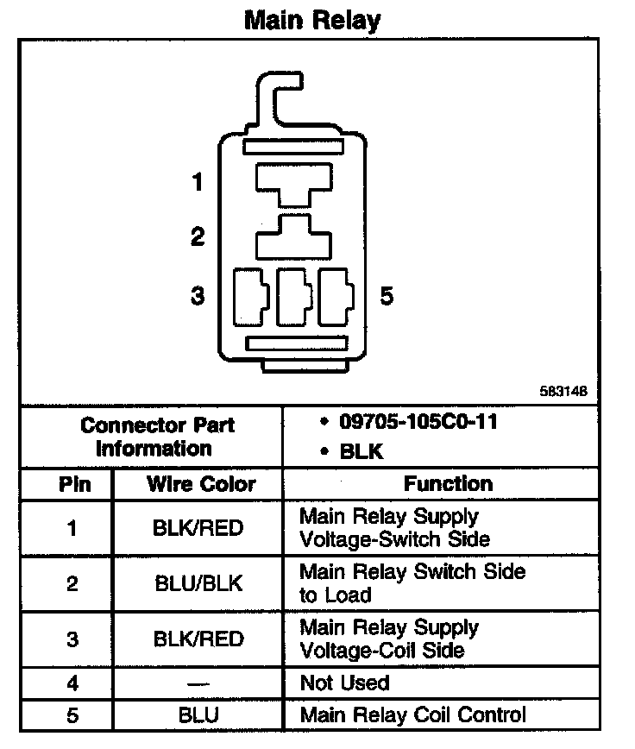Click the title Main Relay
coord(312,20)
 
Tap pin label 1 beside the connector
coord(198,182)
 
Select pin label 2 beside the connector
coord(198,237)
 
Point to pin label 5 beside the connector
coord(387,296)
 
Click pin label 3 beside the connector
coord(198,296)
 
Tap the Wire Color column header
coord(201,483)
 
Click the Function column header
coord(449,483)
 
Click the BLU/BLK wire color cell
coord(198,583)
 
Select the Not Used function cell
coord(344,683)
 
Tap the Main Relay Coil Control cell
coord(412,714)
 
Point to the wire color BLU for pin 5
coord(198,714)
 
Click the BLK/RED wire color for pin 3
coord(198,639)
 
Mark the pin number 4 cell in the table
coord(72,683)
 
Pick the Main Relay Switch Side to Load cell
coord(412,583)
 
